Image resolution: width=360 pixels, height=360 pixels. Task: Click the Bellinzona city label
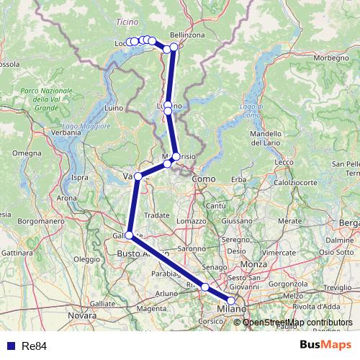pyautogui.click(x=189, y=35)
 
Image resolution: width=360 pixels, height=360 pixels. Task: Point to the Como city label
pyautogui.click(x=204, y=179)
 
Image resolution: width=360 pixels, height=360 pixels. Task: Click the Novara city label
pyautogui.click(x=81, y=315)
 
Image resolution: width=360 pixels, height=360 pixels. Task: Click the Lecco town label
pyautogui.click(x=285, y=162)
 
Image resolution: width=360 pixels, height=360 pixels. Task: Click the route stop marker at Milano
pyautogui.click(x=231, y=302)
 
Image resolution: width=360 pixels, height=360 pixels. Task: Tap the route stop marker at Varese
pyautogui.click(x=138, y=176)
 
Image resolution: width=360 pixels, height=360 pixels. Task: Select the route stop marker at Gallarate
pyautogui.click(x=130, y=235)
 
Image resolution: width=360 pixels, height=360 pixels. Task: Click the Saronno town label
pyautogui.click(x=192, y=248)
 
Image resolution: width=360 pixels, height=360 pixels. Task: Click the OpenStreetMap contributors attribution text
pyautogui.click(x=297, y=323)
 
